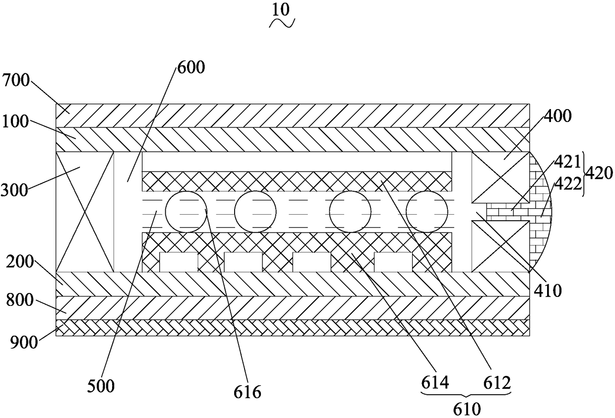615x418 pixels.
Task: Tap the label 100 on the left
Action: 15,121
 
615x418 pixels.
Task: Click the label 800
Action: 15,300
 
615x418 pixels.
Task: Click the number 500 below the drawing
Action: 101,386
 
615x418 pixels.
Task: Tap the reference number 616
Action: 247,392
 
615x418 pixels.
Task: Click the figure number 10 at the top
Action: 282,9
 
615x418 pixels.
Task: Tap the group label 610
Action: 467,410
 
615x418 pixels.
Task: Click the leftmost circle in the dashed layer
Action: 186,212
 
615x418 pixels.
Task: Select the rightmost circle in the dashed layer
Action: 427,212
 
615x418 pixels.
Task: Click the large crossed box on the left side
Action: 85,212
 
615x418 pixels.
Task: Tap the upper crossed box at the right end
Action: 500,177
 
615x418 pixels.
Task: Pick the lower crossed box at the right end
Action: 500,246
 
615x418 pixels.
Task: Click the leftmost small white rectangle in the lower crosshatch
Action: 179,262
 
